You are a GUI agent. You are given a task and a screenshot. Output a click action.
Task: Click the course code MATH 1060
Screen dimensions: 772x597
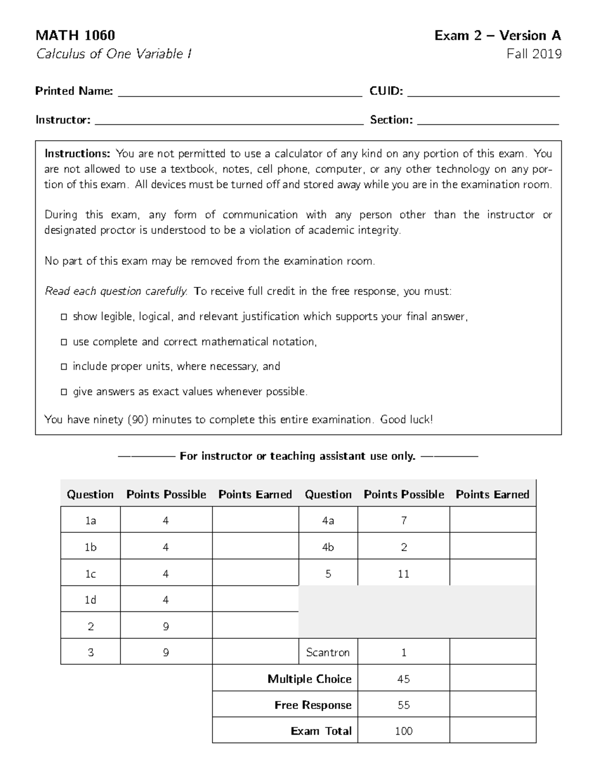75,35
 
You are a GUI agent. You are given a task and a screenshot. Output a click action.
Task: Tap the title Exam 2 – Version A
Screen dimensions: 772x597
497,35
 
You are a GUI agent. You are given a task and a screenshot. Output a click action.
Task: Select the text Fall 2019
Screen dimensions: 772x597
534,54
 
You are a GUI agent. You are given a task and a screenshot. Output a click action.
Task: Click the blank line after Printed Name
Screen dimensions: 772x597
240,93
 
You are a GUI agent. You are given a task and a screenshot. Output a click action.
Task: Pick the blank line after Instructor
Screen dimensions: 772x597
229,122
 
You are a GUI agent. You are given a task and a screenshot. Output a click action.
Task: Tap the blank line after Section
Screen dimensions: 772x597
488,122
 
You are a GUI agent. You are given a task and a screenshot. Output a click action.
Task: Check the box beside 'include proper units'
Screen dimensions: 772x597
64,367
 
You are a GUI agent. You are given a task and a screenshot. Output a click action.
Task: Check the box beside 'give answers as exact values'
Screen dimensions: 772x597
64,392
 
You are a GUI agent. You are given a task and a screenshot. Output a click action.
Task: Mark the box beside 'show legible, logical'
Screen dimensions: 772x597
64,317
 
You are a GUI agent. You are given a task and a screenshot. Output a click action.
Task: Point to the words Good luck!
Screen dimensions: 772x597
406,420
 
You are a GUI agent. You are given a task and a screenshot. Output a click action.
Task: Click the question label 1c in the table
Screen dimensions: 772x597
91,574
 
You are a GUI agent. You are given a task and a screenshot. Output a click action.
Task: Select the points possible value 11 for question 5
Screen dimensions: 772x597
403,574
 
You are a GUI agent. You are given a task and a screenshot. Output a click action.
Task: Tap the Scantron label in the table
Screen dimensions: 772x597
328,652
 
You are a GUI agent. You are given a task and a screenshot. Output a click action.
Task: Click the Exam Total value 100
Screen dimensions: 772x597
403,731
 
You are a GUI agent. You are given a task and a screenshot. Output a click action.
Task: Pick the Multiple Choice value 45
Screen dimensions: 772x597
403,679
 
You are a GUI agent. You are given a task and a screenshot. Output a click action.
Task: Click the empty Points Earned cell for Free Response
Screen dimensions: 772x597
493,705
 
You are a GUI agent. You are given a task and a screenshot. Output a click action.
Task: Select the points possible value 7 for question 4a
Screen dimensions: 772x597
403,520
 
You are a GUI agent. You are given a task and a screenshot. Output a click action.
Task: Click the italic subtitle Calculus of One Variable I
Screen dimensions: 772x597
114,54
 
